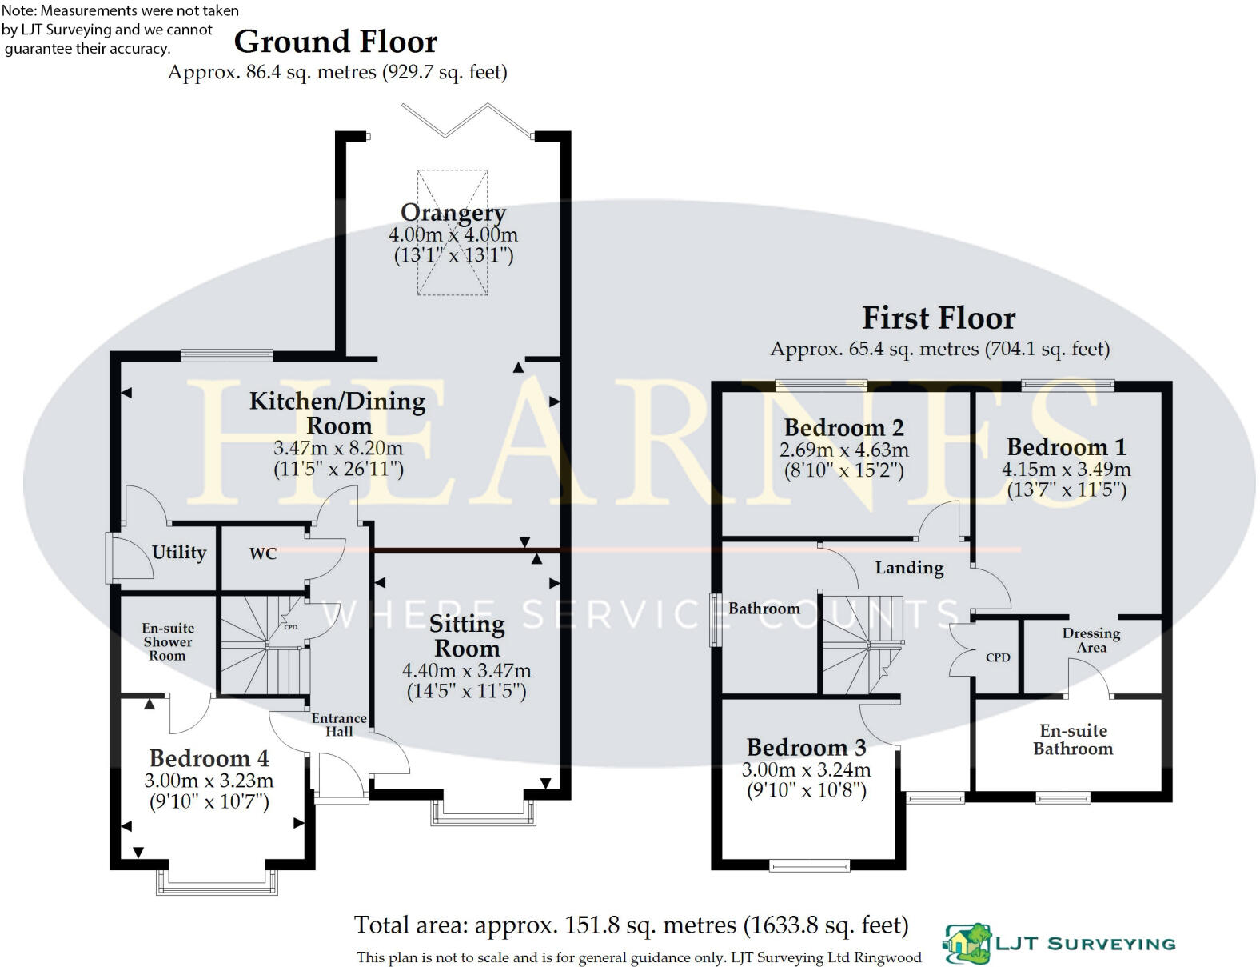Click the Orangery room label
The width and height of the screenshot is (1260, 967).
[453, 213]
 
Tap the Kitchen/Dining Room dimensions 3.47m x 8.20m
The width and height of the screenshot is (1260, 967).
[338, 448]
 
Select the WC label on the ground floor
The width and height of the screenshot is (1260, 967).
[263, 553]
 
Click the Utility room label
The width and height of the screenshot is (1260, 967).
[179, 552]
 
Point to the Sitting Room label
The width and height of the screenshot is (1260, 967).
[466, 636]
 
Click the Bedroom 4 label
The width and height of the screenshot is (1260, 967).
[209, 758]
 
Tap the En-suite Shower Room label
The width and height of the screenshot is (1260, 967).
[168, 641]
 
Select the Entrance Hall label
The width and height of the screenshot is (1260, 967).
[339, 725]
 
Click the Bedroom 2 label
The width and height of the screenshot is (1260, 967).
[843, 427]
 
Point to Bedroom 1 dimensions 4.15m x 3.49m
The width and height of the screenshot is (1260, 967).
[1066, 470]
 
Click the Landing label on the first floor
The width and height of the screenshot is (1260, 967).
[909, 568]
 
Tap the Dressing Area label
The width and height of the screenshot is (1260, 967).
[1091, 640]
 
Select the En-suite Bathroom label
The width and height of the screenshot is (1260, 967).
[1073, 740]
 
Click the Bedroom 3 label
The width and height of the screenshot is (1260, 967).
[806, 748]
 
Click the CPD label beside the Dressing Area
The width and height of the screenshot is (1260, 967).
[998, 657]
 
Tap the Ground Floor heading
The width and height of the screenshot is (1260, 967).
[336, 42]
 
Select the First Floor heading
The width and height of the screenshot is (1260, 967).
[939, 318]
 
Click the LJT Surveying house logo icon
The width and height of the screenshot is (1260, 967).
[967, 943]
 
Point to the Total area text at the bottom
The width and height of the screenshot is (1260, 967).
[631, 925]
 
